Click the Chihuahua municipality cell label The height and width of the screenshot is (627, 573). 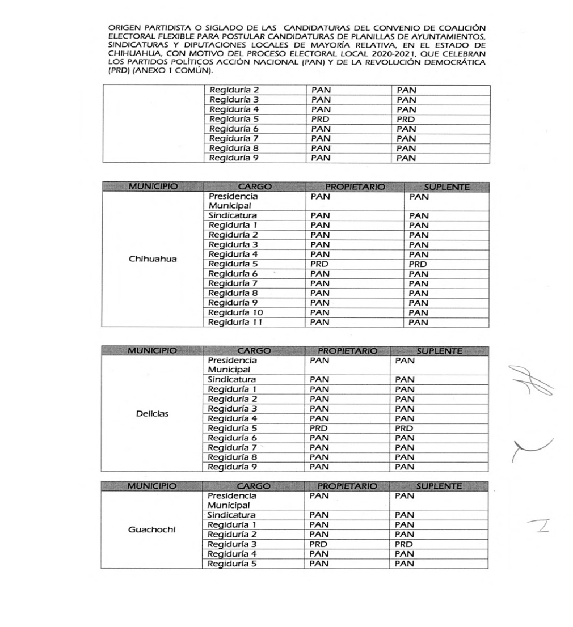[152, 259]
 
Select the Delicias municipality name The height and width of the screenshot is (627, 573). [152, 414]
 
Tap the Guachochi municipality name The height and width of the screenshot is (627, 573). [152, 530]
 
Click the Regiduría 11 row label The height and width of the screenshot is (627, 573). [236, 323]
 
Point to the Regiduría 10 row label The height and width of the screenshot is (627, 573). [236, 312]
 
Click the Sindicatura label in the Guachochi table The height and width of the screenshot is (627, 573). [231, 515]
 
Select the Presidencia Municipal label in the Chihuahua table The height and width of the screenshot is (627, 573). [233, 201]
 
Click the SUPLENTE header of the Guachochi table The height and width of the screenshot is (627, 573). [439, 487]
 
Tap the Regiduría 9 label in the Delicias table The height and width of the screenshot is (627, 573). [234, 468]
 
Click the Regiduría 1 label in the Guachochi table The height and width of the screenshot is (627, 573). [234, 525]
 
